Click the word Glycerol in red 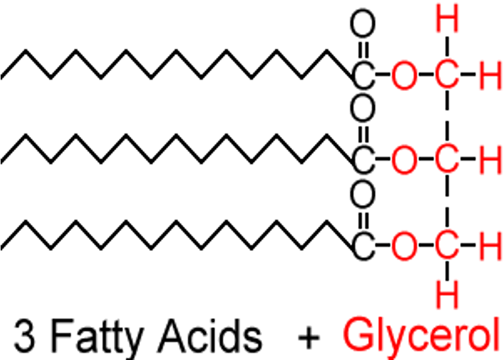423,334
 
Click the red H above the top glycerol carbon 446,22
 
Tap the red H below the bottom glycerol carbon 446,293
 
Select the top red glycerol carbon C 446,77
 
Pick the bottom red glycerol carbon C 446,247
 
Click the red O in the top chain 406,77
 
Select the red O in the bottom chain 406,247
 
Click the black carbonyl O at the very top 363,26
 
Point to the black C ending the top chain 364,77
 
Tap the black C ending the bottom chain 364,247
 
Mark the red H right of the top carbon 491,77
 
